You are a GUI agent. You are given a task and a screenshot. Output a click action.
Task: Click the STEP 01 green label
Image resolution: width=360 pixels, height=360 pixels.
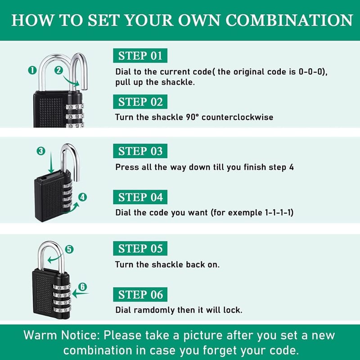(x=140, y=55)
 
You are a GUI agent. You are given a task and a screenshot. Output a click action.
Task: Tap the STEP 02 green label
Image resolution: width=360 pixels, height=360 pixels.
(x=140, y=102)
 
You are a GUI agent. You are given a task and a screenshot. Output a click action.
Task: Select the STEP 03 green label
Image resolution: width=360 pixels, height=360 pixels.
(x=140, y=151)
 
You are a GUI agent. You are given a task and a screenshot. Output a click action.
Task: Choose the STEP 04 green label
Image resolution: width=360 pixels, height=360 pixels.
(x=140, y=197)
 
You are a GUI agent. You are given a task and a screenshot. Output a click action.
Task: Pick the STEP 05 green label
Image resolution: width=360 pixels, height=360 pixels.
(x=140, y=248)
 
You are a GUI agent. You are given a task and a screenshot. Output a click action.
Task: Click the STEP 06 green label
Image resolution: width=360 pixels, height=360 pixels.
(x=140, y=294)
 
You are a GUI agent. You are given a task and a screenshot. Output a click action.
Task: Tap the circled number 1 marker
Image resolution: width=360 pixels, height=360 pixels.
(x=32, y=70)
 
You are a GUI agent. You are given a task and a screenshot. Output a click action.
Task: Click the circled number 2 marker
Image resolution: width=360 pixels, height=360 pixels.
(x=58, y=70)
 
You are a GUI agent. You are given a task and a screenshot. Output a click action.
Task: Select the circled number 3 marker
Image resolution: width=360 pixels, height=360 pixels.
(x=41, y=151)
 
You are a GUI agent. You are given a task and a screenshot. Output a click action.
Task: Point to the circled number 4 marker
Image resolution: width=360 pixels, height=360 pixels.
(x=82, y=197)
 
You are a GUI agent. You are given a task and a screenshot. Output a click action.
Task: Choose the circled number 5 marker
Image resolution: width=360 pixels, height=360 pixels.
(x=69, y=249)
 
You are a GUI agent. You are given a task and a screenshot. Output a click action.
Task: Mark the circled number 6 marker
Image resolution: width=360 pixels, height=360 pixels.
(x=83, y=287)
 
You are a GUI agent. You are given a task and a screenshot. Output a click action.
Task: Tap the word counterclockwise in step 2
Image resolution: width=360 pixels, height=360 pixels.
(x=238, y=117)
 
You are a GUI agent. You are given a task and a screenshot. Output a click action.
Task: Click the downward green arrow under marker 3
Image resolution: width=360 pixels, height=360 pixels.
(x=51, y=162)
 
